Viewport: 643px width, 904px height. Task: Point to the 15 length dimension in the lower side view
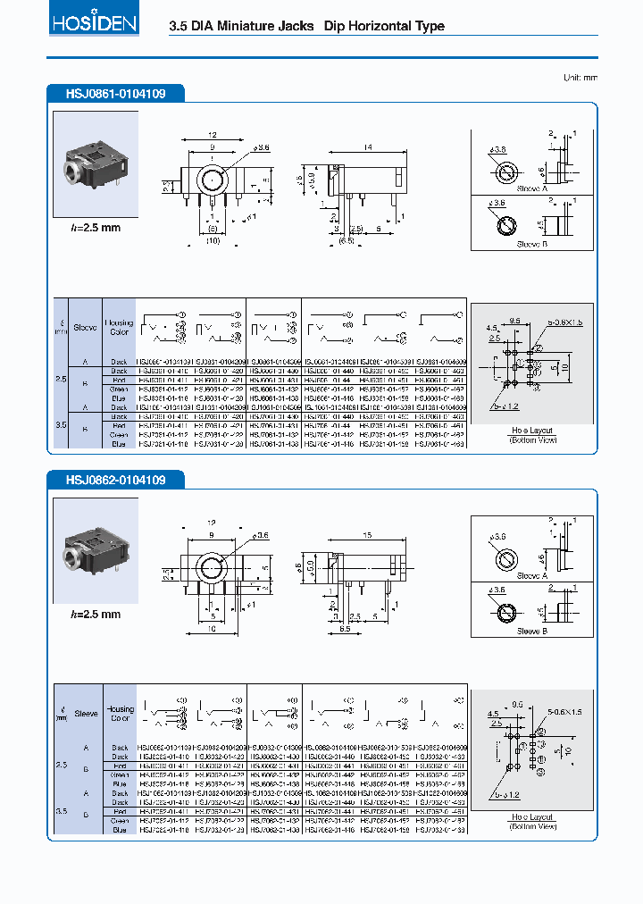click(369, 535)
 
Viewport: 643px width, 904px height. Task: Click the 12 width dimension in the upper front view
click(213, 135)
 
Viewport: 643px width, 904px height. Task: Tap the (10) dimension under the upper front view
click(213, 240)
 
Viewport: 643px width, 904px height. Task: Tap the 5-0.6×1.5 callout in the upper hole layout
click(559, 321)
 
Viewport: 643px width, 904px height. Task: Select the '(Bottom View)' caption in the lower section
click(532, 826)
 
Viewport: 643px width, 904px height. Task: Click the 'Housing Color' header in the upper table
click(120, 327)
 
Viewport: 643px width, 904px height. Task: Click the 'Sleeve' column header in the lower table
click(87, 714)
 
